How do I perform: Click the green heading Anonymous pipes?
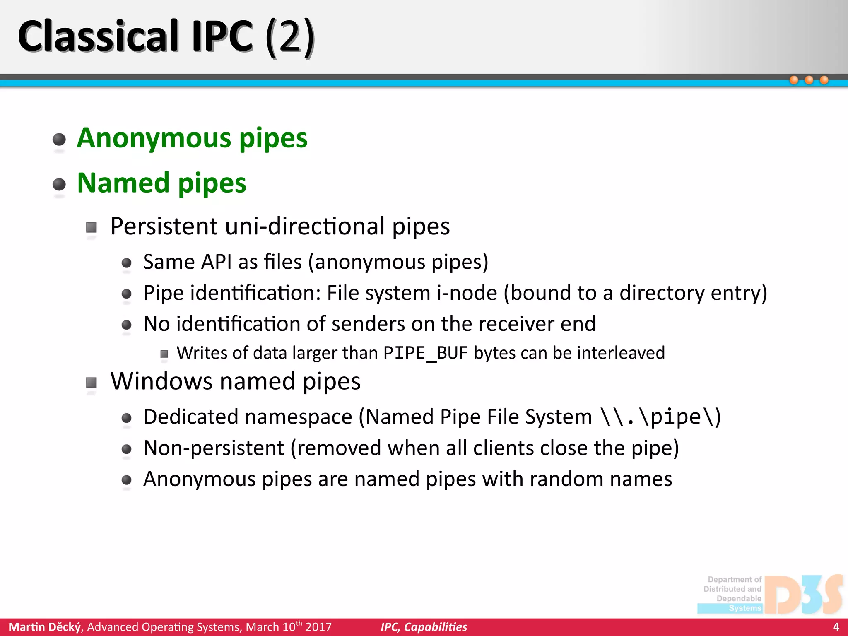[x=192, y=138]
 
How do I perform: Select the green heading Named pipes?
[x=161, y=183]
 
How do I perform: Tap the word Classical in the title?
[x=98, y=36]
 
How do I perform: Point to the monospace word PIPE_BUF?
[x=425, y=353]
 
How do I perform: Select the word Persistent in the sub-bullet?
[x=164, y=226]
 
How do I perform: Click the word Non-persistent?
[x=214, y=448]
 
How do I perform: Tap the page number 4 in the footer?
[x=836, y=627]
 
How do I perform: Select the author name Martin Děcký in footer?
[x=45, y=627]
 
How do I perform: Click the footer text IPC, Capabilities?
[x=424, y=627]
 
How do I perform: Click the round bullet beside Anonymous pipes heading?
[x=59, y=139]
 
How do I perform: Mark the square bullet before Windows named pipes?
[x=92, y=382]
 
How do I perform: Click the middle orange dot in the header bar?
[x=809, y=80]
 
